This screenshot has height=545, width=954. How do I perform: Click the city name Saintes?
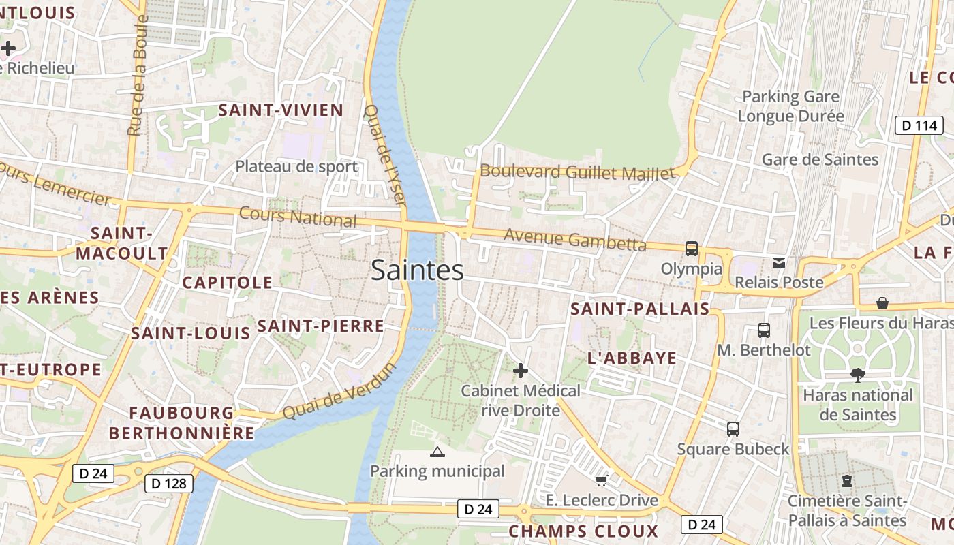tap(417, 270)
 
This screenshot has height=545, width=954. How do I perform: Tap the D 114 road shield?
tap(918, 125)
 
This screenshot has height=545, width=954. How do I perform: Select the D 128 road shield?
tap(169, 484)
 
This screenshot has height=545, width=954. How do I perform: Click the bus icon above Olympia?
tap(692, 249)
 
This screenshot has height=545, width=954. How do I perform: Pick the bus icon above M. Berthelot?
tap(764, 330)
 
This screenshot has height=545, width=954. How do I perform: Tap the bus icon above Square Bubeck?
tap(733, 429)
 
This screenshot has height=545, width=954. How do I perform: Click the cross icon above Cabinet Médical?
tap(521, 371)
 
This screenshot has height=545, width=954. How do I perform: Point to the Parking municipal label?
tap(437, 471)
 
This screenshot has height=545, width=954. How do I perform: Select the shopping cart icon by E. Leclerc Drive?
tap(601, 481)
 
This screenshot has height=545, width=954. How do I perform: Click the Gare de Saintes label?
tap(820, 159)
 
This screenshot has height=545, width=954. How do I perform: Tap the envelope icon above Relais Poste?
tap(778, 263)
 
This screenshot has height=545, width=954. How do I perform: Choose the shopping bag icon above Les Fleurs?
tap(882, 302)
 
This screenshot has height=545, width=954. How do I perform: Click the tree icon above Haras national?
tap(858, 375)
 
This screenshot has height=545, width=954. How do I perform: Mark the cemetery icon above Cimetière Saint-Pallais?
tap(847, 481)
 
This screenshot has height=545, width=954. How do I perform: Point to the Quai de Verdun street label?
tap(339, 392)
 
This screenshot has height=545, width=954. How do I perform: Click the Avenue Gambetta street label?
tap(574, 239)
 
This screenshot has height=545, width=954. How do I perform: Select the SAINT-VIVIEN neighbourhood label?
tap(281, 110)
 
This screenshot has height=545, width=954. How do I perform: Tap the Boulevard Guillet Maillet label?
tap(578, 172)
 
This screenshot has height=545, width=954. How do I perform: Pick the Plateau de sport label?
tap(296, 166)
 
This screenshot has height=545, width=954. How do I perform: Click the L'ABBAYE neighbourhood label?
tap(632, 358)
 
